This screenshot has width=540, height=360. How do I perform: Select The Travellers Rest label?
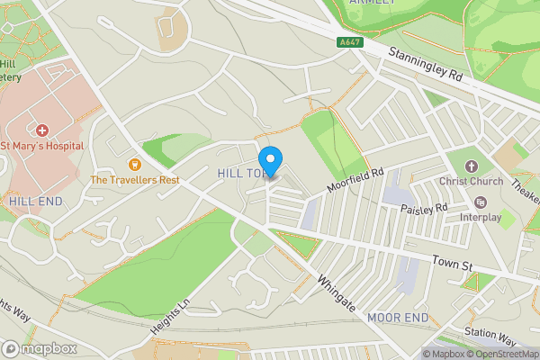click(135, 179)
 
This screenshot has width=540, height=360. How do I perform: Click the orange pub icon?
click(135, 164)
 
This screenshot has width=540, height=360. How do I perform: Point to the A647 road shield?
click(351, 41)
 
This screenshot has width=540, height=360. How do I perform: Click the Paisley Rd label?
click(424, 209)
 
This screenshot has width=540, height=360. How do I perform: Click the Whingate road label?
click(334, 293)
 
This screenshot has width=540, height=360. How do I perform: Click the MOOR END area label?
click(397, 318)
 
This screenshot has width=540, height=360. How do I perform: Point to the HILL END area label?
click(36, 201)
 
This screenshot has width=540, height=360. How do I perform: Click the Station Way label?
click(490, 337)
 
